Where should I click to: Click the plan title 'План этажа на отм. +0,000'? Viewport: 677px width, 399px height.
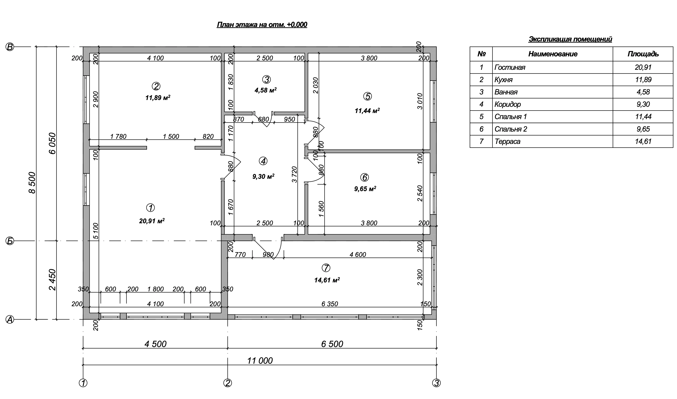262,25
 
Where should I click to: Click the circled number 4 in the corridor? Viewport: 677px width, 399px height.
263,161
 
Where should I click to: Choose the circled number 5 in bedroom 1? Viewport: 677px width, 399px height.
367,96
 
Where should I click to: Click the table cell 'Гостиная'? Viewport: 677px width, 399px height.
510,67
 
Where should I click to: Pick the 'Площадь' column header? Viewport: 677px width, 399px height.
643,54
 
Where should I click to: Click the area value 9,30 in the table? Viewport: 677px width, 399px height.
643,104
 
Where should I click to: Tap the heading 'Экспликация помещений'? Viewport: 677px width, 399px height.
570,39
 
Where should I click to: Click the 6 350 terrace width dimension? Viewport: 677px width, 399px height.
330,304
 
